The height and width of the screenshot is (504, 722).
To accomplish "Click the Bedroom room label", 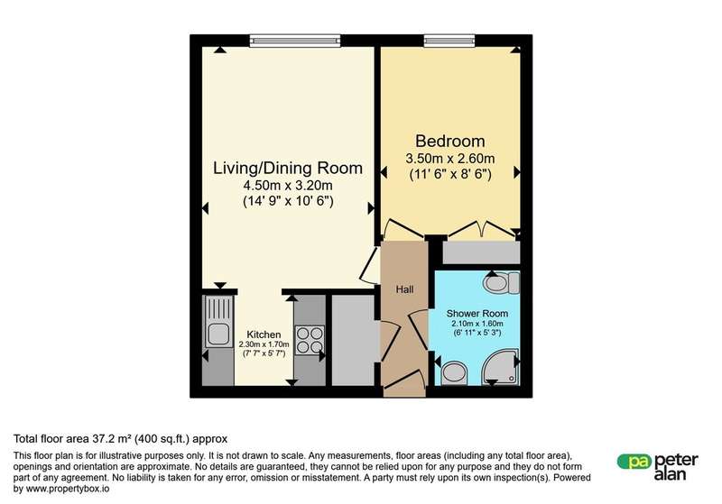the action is (449, 141).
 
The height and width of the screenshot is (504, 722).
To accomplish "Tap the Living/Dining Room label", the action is (288, 169).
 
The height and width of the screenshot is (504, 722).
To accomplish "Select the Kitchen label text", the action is (264, 334).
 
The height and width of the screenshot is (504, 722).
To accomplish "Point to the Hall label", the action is (404, 289).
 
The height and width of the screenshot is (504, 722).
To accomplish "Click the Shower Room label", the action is (477, 314).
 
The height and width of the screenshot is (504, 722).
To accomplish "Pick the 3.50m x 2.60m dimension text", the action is (449, 159).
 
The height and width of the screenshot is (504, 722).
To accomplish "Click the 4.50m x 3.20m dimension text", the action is (288, 187).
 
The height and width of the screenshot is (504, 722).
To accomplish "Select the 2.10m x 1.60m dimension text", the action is (477, 324).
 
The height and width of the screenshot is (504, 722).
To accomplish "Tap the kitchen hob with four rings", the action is (310, 340).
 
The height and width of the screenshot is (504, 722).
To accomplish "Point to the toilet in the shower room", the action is (502, 282).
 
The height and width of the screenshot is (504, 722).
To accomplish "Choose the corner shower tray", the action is (501, 368).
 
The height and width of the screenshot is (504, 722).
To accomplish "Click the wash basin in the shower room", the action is (454, 373).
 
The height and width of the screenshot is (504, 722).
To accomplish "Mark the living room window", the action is (295, 41).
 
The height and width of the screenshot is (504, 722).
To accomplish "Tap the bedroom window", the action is (449, 41).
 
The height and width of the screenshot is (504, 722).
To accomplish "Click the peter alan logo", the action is (658, 467).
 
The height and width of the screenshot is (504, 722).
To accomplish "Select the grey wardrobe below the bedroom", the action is (481, 252).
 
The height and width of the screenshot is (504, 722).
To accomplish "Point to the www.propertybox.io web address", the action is (68, 489).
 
